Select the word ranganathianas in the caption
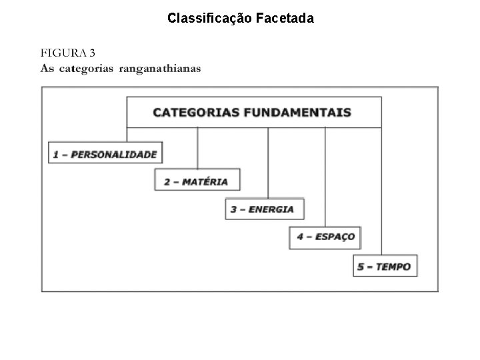click(159, 69)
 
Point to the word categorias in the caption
click(87, 69)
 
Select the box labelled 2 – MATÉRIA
click(197, 181)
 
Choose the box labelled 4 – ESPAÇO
click(326, 237)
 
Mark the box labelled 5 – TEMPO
click(385, 267)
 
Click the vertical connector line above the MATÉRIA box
click(198, 147)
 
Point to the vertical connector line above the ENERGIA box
click(269, 162)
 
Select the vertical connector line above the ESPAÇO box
click(325, 177)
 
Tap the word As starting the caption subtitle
click(47, 69)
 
